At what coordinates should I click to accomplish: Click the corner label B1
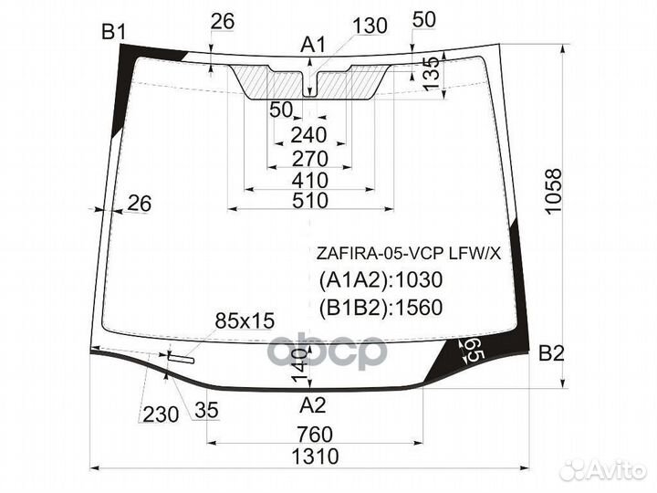click(x=113, y=31)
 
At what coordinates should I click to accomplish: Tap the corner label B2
click(x=551, y=354)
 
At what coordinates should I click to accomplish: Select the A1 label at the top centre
click(x=313, y=45)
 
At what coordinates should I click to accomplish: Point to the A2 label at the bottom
click(x=313, y=405)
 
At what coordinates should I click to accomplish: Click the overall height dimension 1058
click(x=554, y=191)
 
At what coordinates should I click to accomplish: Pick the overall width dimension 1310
click(x=315, y=456)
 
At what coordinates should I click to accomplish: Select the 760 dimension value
click(x=315, y=435)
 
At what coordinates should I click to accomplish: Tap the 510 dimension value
click(x=310, y=200)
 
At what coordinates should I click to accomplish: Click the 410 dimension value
click(x=310, y=181)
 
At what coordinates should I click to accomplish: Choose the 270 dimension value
click(x=309, y=159)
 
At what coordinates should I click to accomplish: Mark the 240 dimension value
click(x=308, y=135)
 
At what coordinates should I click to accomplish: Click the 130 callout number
click(x=370, y=26)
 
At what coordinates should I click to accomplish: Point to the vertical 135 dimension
click(x=432, y=74)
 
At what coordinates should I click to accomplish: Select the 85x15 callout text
click(x=245, y=320)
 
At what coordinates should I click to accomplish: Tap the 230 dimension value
click(x=161, y=414)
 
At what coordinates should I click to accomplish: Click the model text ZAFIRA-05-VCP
click(x=381, y=254)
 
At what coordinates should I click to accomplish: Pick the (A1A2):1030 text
click(x=381, y=279)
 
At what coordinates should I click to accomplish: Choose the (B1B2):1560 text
click(x=381, y=308)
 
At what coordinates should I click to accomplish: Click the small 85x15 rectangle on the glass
click(x=181, y=357)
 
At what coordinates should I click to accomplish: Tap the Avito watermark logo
click(x=603, y=470)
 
